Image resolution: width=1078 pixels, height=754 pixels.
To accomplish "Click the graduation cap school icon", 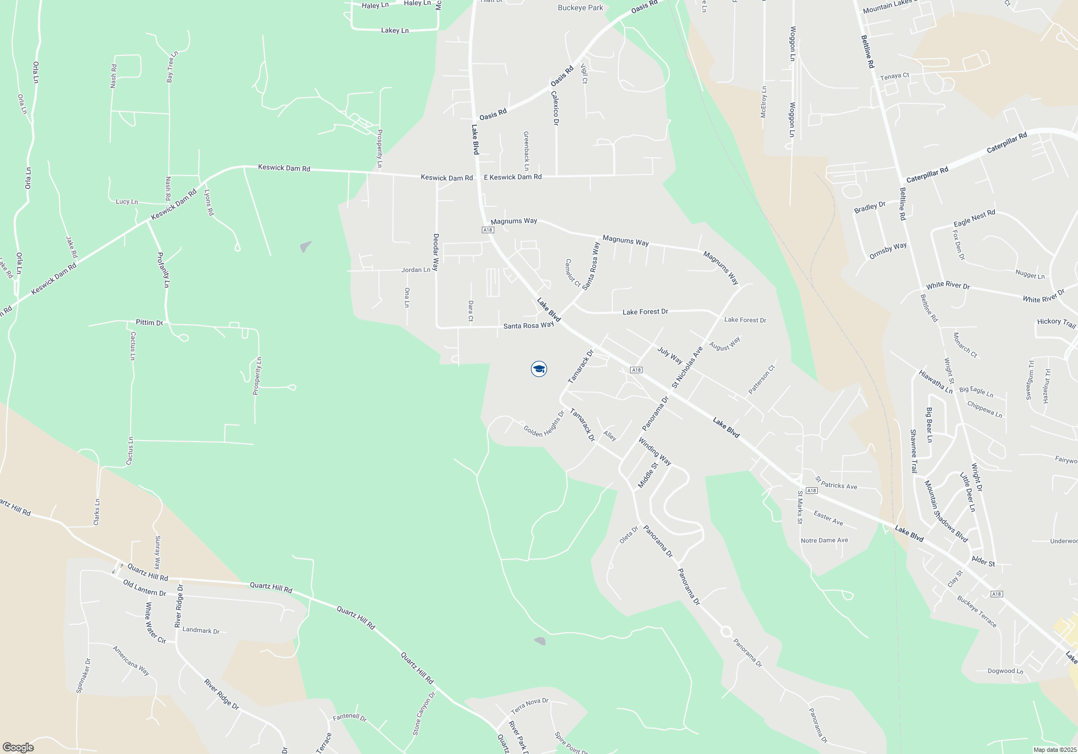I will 538,369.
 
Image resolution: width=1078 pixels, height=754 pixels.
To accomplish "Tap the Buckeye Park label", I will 581,8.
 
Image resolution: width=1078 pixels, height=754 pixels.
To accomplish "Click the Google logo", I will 18,748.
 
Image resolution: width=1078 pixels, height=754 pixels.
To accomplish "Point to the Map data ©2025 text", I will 1054,750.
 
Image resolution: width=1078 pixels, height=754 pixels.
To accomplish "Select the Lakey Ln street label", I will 395,31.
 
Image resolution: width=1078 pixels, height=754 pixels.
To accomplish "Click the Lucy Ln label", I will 127,202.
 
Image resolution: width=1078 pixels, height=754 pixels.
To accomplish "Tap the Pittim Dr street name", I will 149,323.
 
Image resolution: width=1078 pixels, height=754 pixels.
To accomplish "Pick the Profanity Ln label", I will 163,270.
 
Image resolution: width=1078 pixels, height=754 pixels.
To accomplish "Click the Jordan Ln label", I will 416,270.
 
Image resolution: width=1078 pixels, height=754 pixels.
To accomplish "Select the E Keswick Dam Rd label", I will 513,177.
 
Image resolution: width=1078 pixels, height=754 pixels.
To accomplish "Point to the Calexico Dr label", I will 555,108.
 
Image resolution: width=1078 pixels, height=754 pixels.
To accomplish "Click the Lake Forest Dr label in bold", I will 645,312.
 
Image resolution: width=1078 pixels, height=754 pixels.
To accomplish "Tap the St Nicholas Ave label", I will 687,367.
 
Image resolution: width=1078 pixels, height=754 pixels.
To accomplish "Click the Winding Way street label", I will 654,451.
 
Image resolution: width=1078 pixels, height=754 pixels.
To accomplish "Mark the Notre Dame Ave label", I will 824,541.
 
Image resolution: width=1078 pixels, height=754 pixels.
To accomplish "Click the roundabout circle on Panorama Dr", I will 726,631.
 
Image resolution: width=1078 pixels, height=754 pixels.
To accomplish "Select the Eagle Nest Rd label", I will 974,219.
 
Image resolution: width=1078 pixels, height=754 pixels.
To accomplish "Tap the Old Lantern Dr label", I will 144,588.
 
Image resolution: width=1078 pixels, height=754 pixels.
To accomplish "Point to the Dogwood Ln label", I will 1005,671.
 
